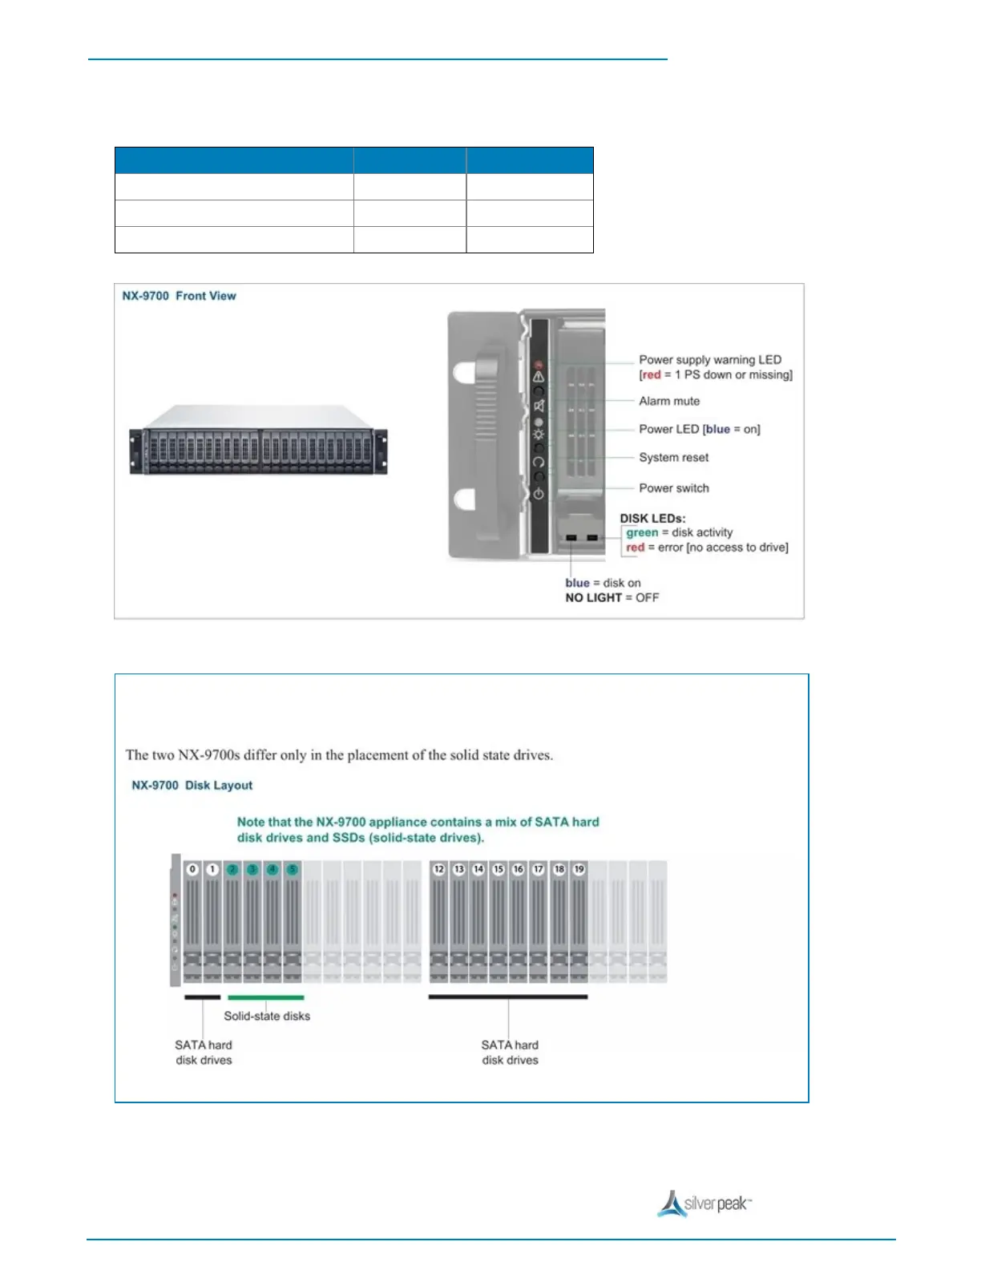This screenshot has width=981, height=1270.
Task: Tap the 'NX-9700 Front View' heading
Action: (179, 296)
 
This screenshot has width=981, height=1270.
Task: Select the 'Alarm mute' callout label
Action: (668, 401)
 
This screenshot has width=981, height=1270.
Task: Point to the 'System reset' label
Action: (673, 457)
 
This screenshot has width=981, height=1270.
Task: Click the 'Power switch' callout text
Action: (673, 487)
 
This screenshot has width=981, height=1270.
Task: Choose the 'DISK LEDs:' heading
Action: (652, 518)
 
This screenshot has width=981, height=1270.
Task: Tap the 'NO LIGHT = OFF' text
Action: (612, 597)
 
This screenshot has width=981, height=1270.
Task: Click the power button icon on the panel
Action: (539, 494)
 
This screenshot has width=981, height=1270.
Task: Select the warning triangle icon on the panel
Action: (539, 375)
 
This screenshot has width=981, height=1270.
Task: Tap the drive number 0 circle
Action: (192, 869)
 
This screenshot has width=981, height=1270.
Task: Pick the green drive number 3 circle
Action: (252, 869)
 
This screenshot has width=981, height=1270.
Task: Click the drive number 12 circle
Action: (438, 869)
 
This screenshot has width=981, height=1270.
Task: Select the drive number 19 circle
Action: (579, 869)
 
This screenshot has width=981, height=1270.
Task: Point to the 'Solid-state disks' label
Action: (267, 1016)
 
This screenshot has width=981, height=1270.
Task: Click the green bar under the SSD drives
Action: (265, 997)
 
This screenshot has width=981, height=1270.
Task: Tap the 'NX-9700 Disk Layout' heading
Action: (192, 785)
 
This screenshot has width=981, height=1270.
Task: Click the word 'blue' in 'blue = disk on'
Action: (577, 583)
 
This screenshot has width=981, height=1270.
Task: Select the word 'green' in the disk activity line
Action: (642, 532)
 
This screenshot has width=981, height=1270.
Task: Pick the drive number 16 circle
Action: (519, 869)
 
